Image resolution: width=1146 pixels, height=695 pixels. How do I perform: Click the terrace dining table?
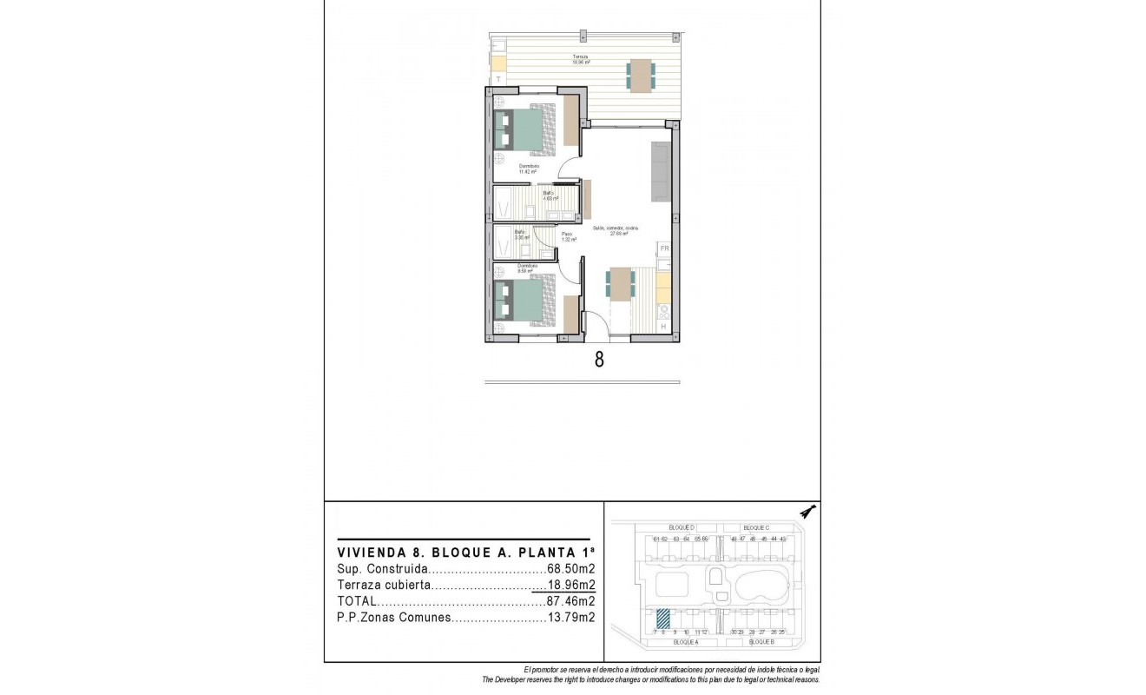click(x=641, y=75)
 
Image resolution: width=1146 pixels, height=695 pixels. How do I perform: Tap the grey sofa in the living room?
click(x=660, y=171)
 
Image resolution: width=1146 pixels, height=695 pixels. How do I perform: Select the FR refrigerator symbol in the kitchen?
click(x=664, y=249)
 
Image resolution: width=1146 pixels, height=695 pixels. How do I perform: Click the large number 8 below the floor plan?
click(x=599, y=359)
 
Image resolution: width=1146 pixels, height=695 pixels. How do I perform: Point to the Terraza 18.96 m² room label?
click(x=581, y=59)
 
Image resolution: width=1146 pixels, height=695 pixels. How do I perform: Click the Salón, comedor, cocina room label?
click(x=617, y=230)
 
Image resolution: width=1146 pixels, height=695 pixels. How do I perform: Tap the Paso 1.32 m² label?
click(x=568, y=236)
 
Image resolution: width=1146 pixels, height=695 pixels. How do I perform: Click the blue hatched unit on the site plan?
click(x=663, y=618)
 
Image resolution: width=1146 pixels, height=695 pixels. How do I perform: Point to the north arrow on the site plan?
click(x=807, y=512)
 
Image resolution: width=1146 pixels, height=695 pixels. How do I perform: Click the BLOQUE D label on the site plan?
click(x=682, y=527)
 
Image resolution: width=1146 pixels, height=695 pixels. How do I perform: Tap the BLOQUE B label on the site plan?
click(x=761, y=641)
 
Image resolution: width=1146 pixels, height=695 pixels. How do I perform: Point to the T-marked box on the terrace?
click(x=498, y=79)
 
